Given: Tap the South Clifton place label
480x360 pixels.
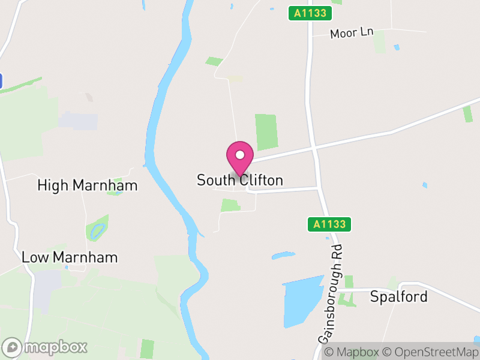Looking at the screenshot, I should [x=240, y=180].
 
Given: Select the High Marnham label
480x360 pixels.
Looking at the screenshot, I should [x=88, y=185].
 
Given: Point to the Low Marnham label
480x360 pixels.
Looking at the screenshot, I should [x=70, y=257].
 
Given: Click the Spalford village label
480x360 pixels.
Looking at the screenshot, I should [x=398, y=296].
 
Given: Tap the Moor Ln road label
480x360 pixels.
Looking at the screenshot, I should [x=352, y=33].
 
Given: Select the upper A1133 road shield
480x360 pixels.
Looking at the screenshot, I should [x=310, y=13].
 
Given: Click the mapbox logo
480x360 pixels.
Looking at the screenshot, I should [x=45, y=347].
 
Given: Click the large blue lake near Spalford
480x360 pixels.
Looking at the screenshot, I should [x=303, y=300].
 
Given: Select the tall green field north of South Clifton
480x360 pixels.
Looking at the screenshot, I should [x=266, y=132].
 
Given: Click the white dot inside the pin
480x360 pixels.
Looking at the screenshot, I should [x=239, y=155].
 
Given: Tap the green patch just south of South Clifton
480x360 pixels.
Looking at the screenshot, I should [x=230, y=205].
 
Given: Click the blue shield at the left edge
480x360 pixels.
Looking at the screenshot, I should [x=1, y=81].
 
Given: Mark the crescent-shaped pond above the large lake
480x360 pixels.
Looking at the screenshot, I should [x=283, y=256].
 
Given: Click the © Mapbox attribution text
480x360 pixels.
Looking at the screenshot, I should [x=352, y=352].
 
